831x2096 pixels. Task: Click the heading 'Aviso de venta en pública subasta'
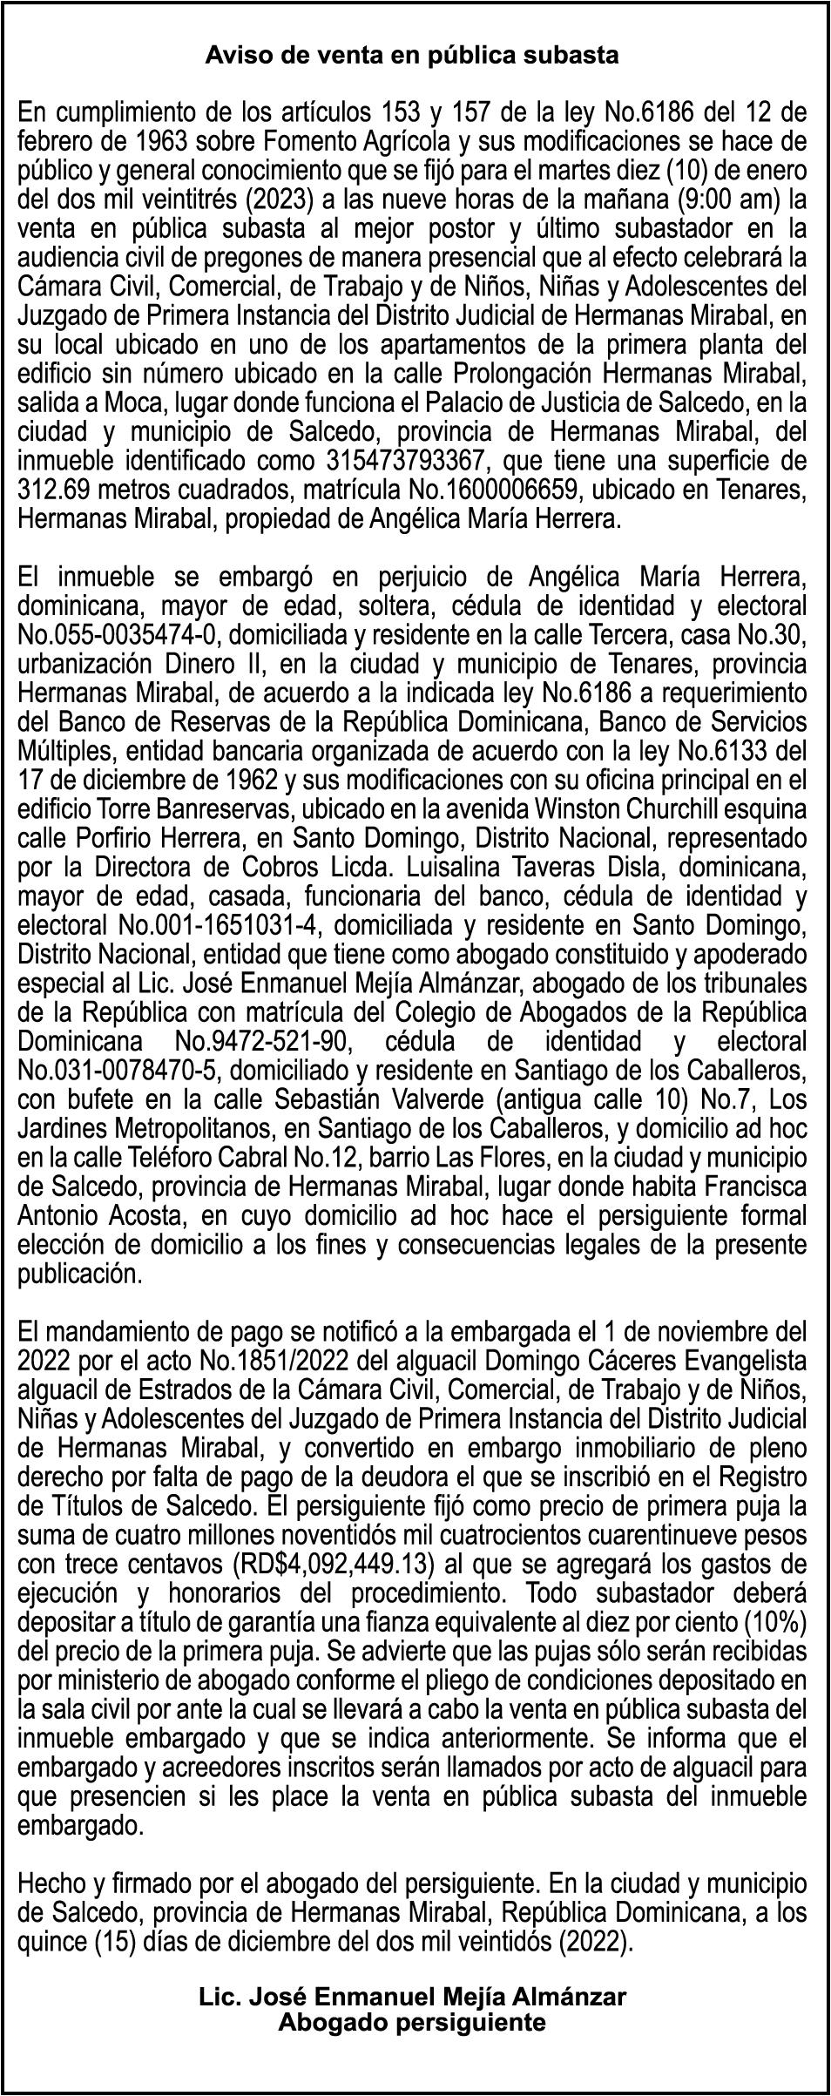(x=412, y=56)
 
